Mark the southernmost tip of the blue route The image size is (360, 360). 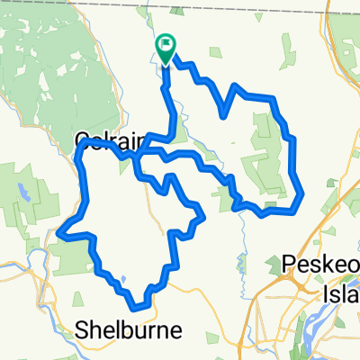[x=137, y=307]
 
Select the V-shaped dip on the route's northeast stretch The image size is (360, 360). [x=223, y=114]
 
